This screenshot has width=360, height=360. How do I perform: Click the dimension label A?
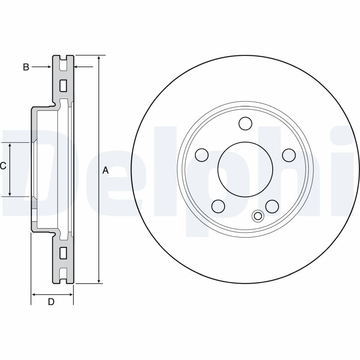[x=106, y=170]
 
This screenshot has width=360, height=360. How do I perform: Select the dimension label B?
[x=26, y=67]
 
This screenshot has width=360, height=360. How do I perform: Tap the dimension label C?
[x=3, y=166]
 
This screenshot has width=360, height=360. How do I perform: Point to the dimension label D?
[x=51, y=302]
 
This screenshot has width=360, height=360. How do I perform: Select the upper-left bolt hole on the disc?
[x=202, y=155]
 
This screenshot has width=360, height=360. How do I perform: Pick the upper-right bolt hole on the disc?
[x=288, y=155]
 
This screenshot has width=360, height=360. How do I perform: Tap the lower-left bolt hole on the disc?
[x=218, y=206]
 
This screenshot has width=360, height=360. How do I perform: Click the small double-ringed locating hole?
[x=258, y=216]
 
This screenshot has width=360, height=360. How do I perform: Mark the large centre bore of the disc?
[x=245, y=169]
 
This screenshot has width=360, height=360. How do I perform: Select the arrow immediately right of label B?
[x=48, y=67]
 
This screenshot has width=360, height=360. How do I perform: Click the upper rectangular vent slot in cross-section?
[x=63, y=85]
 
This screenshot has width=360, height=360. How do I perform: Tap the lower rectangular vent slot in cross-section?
[x=63, y=252]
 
